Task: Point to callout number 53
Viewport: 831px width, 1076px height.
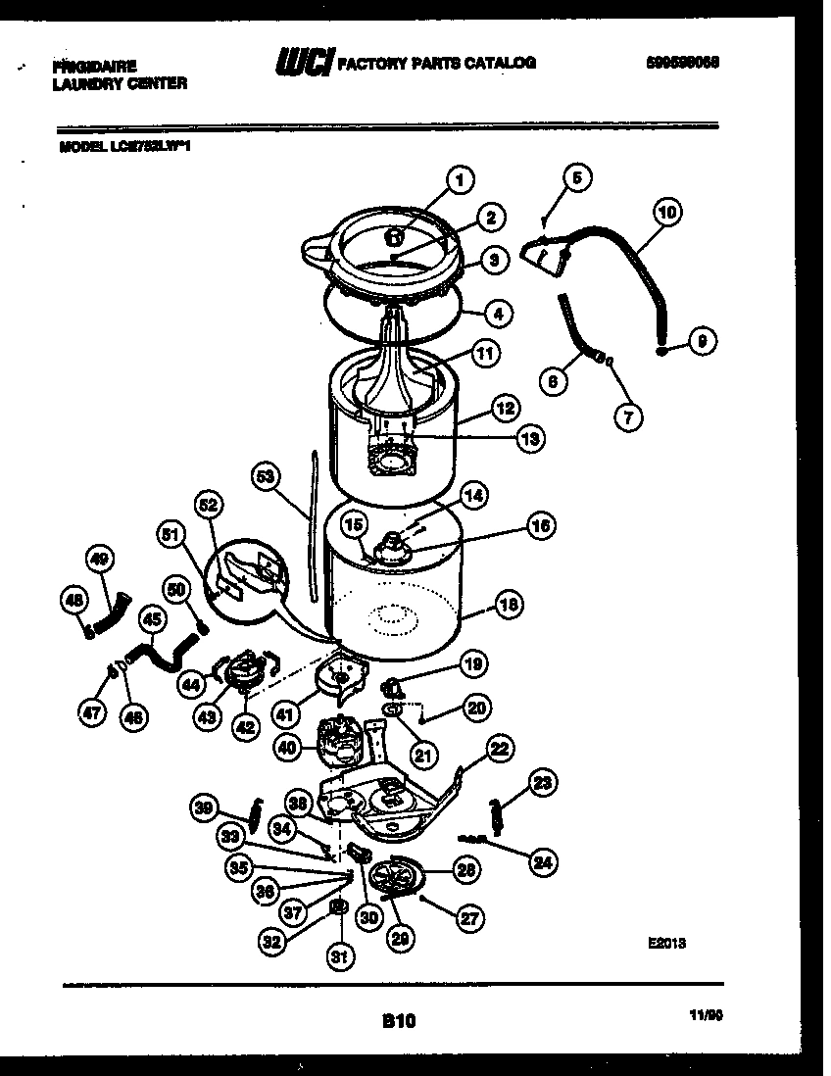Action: (x=264, y=475)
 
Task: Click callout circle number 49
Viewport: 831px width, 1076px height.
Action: (x=99, y=560)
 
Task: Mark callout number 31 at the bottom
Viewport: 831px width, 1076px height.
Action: (x=338, y=959)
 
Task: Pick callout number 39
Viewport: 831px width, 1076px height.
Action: (x=204, y=807)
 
